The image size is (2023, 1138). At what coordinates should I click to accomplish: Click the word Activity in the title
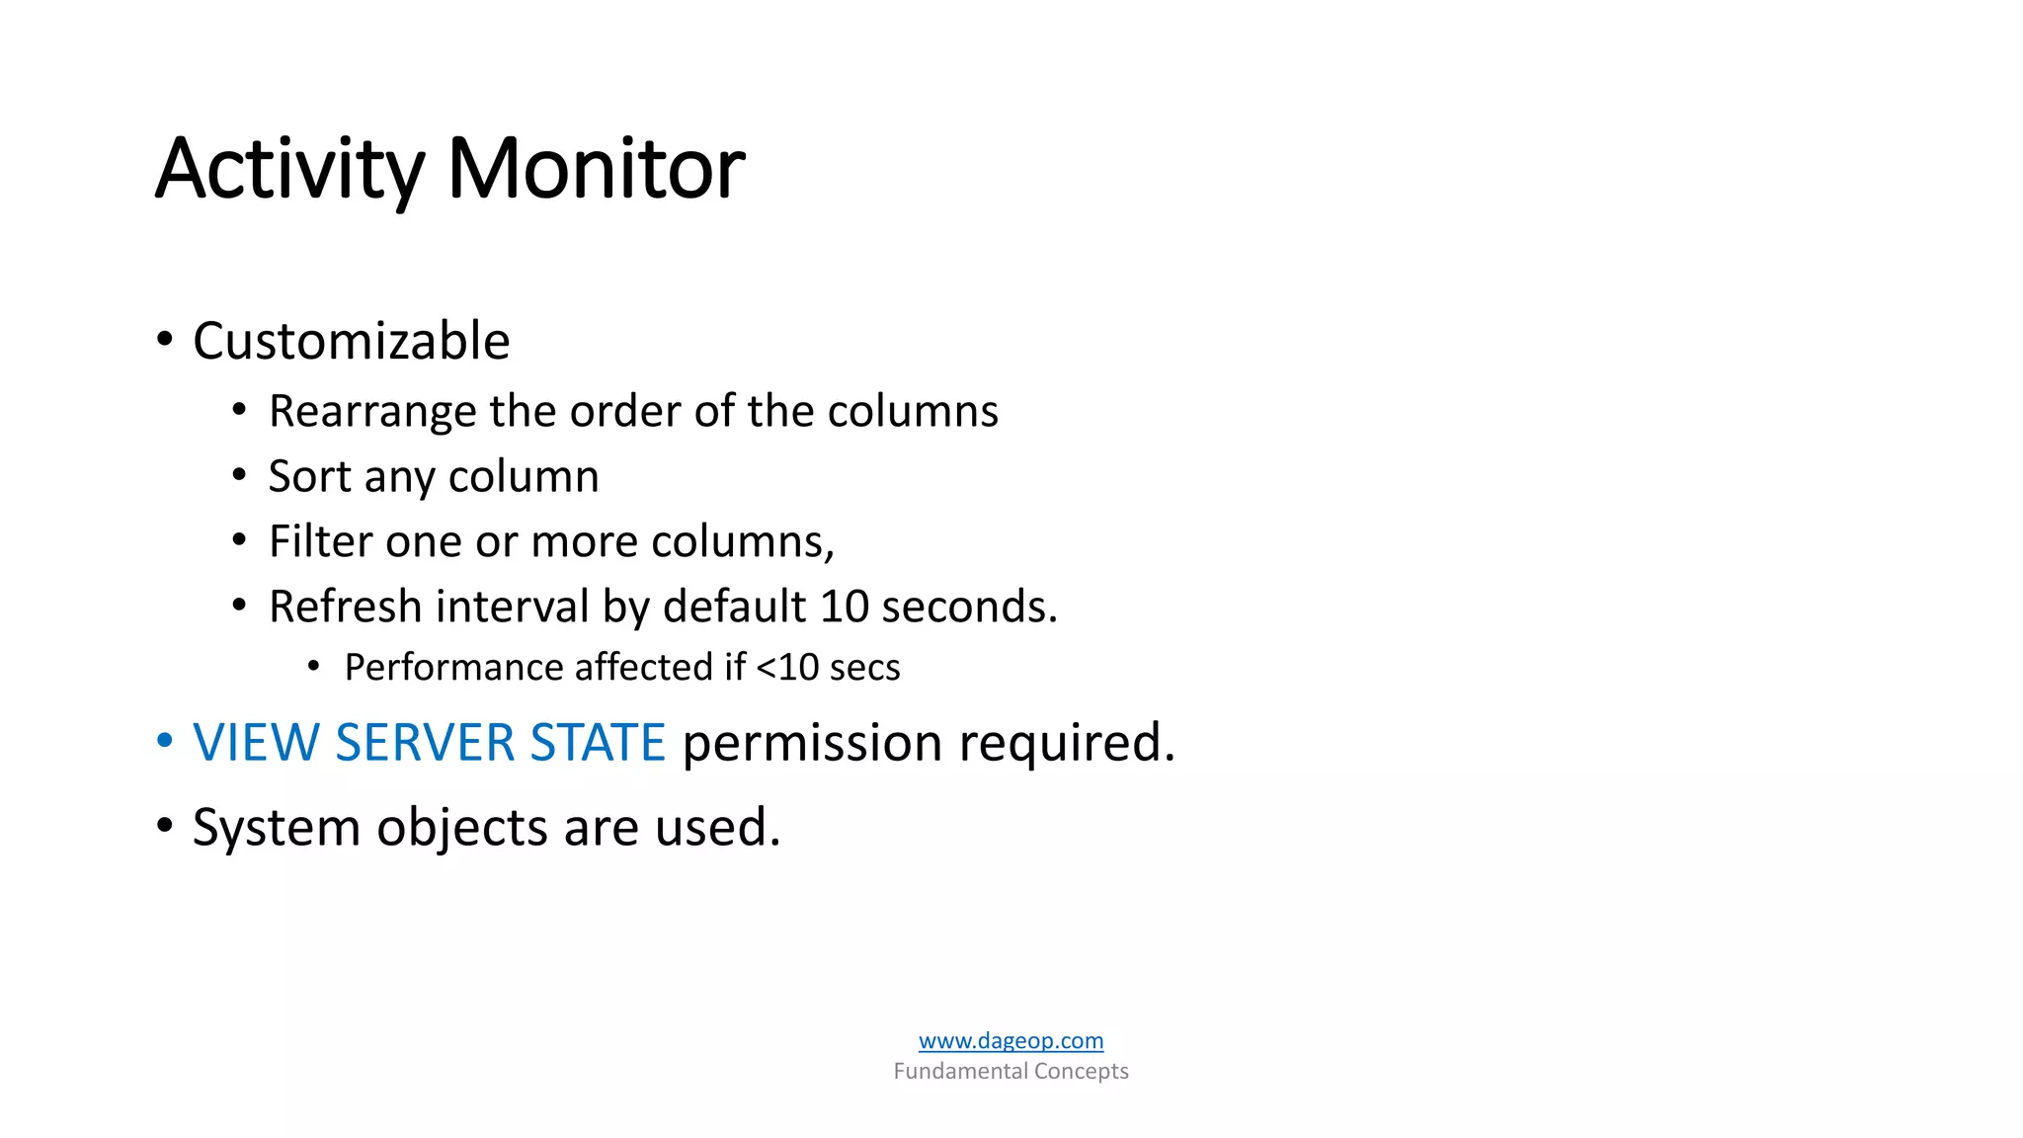click(x=289, y=170)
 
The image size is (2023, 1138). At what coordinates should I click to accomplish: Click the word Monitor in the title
click(x=596, y=170)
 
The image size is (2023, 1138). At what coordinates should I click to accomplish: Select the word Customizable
click(x=351, y=342)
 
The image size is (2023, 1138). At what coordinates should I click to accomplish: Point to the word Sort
click(x=310, y=477)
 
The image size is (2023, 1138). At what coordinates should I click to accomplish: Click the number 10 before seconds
click(x=844, y=607)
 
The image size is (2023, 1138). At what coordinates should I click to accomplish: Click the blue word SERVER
click(x=425, y=743)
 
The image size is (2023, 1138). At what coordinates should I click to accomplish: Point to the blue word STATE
click(x=598, y=743)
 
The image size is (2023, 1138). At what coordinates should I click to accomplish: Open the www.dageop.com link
click(x=1011, y=1040)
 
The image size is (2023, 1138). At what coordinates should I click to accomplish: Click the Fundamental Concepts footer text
click(x=1011, y=1071)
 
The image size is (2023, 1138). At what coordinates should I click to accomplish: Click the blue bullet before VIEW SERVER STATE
click(x=164, y=740)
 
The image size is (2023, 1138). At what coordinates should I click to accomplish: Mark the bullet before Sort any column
click(x=239, y=475)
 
